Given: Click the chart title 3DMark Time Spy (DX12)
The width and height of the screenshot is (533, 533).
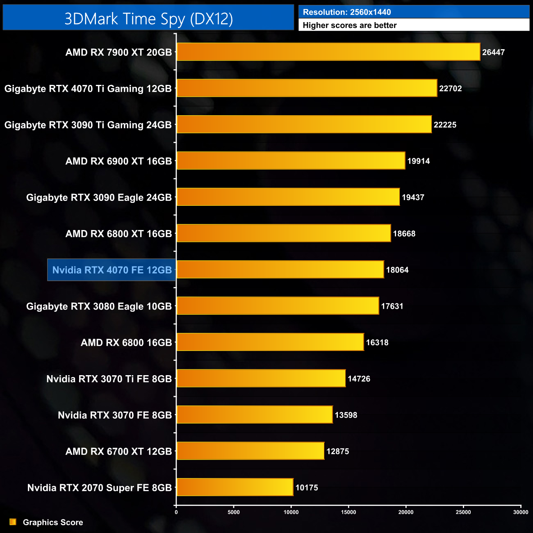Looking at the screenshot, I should click(x=148, y=19).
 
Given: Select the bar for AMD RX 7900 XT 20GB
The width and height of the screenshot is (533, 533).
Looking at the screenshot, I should click(x=328, y=52).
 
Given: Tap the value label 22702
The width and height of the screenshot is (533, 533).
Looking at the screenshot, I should click(x=450, y=89).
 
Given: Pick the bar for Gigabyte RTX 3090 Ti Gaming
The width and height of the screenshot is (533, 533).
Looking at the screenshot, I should click(x=304, y=125).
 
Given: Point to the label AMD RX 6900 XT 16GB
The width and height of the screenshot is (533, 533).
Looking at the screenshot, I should click(x=118, y=161).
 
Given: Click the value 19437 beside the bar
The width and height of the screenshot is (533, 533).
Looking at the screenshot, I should click(x=412, y=197).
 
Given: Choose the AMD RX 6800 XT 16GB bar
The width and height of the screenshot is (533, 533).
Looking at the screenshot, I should click(x=283, y=233).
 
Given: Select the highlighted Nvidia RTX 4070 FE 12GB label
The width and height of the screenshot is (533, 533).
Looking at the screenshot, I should click(x=112, y=270).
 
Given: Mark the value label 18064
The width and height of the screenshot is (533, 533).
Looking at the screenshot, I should click(x=397, y=270).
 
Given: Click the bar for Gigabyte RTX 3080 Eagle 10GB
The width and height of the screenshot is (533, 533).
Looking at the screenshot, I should click(x=278, y=306).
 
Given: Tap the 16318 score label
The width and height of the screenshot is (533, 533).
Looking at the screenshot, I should click(x=377, y=342).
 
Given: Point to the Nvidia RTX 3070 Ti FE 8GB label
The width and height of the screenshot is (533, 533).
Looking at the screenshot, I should click(x=109, y=379).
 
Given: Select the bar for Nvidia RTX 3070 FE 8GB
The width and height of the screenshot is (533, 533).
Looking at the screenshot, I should click(x=254, y=415).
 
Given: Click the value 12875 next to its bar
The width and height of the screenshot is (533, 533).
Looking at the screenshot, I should click(x=337, y=451).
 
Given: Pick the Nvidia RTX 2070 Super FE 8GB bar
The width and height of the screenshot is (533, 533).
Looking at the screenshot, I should click(x=235, y=487).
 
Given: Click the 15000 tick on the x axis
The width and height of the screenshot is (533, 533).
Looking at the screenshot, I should click(x=348, y=512).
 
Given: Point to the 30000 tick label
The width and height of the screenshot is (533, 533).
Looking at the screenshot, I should click(x=521, y=512).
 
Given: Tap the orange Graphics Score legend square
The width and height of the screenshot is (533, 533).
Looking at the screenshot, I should click(x=13, y=522).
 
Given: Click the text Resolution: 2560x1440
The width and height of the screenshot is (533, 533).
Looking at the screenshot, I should click(x=347, y=12).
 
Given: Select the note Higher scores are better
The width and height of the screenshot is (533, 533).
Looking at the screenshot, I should click(x=349, y=25).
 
